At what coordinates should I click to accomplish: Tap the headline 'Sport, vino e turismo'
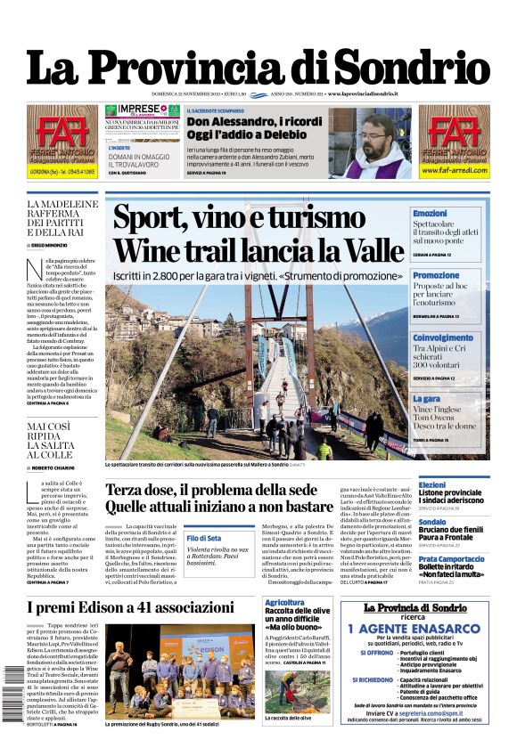(239, 218)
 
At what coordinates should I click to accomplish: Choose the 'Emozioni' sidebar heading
(431, 214)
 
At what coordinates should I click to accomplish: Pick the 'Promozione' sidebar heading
(436, 276)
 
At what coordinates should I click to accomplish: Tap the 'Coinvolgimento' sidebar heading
(443, 338)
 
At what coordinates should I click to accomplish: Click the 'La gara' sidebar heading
(426, 400)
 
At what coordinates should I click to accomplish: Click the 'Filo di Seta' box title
(204, 539)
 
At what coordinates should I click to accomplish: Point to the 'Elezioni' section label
(432, 485)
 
